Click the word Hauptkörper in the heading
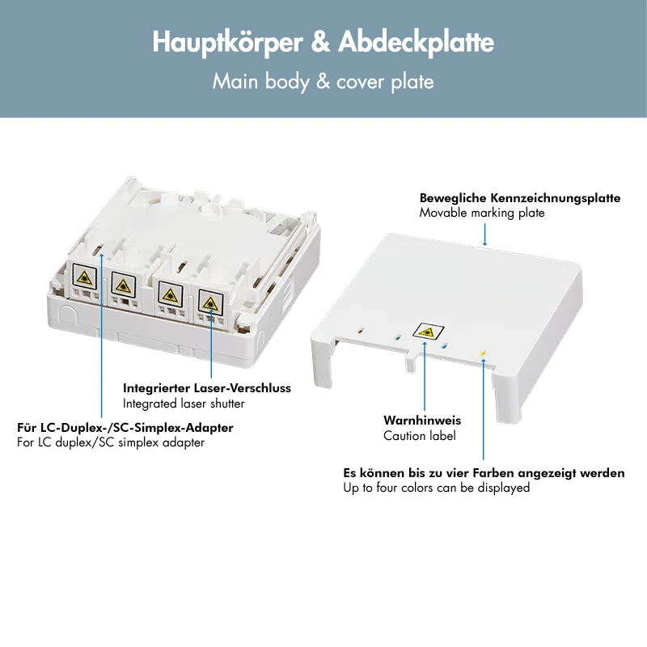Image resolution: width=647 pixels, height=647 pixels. (227, 43)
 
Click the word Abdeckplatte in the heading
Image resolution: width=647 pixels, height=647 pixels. (416, 42)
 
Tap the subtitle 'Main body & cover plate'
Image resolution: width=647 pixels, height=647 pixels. (323, 82)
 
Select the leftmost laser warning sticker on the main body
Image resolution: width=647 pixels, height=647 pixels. (85, 277)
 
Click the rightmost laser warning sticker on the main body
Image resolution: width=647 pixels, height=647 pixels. (210, 302)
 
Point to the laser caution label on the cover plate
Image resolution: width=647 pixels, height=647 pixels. (429, 332)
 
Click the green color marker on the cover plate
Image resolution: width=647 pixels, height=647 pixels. (397, 337)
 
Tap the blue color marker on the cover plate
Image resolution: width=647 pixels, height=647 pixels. (444, 346)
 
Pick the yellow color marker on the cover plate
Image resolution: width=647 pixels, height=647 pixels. (482, 353)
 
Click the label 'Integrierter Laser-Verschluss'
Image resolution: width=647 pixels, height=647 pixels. (207, 388)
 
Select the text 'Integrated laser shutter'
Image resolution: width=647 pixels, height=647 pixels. (184, 403)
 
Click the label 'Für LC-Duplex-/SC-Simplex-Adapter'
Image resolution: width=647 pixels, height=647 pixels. (125, 427)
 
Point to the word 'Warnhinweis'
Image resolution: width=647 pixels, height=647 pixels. (422, 420)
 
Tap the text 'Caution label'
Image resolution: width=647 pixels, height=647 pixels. (420, 435)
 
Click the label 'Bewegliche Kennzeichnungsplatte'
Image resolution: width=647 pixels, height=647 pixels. (520, 197)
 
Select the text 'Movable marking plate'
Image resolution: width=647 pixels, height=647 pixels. (482, 213)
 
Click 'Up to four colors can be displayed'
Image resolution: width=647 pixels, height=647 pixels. (437, 488)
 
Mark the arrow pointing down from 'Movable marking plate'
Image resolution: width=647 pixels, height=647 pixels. (484, 235)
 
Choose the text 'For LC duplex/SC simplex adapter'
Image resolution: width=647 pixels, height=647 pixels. (111, 442)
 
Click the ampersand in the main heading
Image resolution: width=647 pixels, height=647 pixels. (320, 42)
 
